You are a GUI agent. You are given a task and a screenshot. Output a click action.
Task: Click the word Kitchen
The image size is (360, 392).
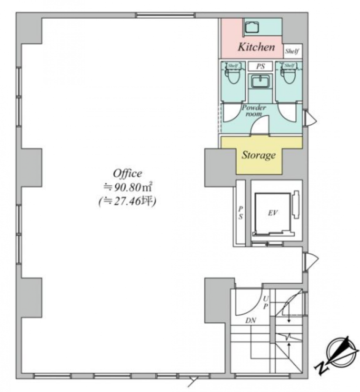pyautogui.click(x=256, y=47)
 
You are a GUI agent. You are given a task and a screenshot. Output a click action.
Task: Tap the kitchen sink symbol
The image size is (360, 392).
pyautogui.click(x=252, y=27)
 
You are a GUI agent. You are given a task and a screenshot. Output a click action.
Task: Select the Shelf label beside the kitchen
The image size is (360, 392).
pyautogui.click(x=292, y=51)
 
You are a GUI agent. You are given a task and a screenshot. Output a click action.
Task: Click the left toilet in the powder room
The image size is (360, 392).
pyautogui.click(x=232, y=75)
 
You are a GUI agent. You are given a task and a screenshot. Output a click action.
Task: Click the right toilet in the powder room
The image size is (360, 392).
pyautogui.click(x=288, y=75)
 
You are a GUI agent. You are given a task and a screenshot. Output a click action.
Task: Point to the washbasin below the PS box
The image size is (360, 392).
pyautogui.click(x=261, y=81)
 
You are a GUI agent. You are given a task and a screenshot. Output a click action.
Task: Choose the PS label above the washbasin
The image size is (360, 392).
pyautogui.click(x=260, y=66)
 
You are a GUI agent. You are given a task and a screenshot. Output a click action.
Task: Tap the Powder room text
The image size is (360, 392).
pyautogui.click(x=254, y=111)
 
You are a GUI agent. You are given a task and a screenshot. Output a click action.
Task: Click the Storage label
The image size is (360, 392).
pyautogui.click(x=258, y=155)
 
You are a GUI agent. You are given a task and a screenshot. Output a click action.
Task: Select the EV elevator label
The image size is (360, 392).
pyautogui.click(x=273, y=213)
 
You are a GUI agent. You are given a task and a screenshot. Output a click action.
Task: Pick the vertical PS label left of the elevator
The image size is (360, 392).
pyautogui.click(x=240, y=213)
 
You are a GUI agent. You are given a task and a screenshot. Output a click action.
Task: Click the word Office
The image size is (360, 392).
pyautogui.click(x=127, y=173)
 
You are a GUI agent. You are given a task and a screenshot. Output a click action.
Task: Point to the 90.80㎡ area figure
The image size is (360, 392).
pyautogui.click(x=128, y=187)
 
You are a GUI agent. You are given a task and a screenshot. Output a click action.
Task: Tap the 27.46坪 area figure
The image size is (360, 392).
pyautogui.click(x=127, y=201)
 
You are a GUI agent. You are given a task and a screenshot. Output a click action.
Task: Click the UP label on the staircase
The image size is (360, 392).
pyautogui.click(x=266, y=302)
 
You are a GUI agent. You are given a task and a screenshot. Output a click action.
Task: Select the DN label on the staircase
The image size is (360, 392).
pyautogui.click(x=250, y=320)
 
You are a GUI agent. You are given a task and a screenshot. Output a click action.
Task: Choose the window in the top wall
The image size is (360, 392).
pyautogui.click(x=165, y=15)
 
